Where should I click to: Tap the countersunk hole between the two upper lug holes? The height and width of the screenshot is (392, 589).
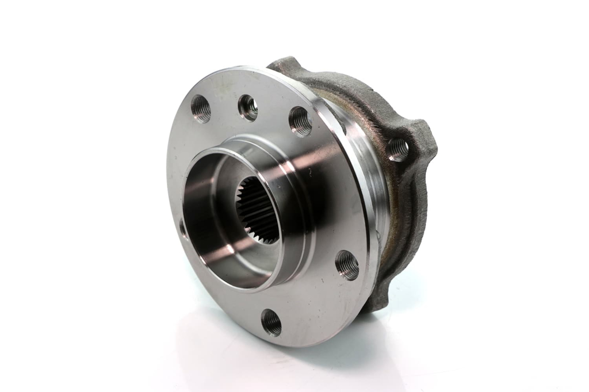(248, 107)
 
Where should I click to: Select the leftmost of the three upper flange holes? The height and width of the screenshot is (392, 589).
(201, 109)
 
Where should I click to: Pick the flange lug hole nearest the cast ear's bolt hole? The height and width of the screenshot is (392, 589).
(300, 121)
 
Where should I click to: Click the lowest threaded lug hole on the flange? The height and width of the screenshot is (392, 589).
(271, 322)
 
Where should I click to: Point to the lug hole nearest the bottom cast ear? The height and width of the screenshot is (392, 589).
(347, 265)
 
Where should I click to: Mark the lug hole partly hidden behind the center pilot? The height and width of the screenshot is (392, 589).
(182, 228)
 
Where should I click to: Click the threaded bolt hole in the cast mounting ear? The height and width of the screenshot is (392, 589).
(397, 149)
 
